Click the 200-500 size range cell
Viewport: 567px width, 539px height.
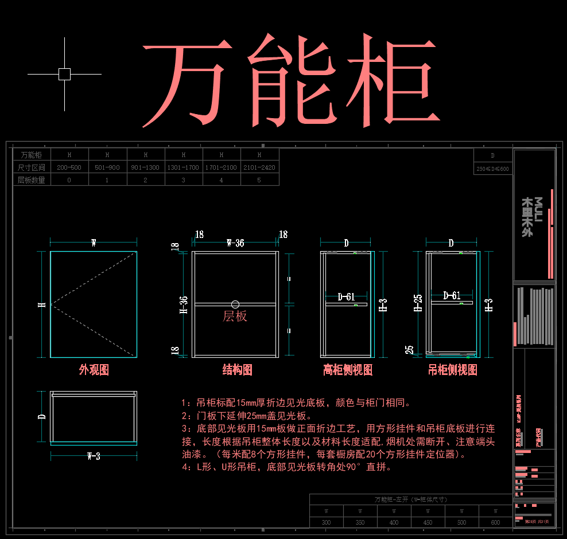(69, 167)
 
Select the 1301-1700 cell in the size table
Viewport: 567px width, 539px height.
(184, 167)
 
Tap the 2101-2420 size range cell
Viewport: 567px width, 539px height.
(259, 167)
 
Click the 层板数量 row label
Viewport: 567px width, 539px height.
(32, 179)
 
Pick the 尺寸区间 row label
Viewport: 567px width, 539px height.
(32, 167)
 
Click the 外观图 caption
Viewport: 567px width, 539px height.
(94, 370)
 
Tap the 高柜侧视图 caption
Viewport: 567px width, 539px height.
(348, 370)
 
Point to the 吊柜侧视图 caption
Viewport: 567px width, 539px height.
(453, 370)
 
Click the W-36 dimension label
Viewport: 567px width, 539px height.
(235, 243)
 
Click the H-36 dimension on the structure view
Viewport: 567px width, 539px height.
(184, 304)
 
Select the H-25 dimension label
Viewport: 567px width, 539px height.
(418, 302)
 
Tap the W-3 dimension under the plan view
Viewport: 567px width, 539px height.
(94, 456)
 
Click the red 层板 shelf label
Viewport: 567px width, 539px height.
(235, 316)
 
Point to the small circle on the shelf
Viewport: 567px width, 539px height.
(235, 304)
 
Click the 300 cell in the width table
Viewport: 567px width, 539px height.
(326, 522)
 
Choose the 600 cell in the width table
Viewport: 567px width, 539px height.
(495, 522)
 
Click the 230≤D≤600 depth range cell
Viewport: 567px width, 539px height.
(492, 169)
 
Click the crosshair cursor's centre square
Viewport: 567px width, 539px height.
(64, 74)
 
